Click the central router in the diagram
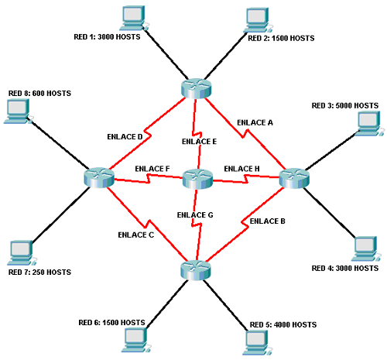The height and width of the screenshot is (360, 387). pyautogui.click(x=197, y=180)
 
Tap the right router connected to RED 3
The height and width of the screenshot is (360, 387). pyautogui.click(x=293, y=178)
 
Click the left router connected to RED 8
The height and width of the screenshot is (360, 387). pyautogui.click(x=98, y=177)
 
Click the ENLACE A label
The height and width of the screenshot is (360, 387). pyautogui.click(x=255, y=122)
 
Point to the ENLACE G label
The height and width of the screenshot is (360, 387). pyautogui.click(x=196, y=214)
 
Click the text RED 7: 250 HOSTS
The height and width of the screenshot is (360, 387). pyautogui.click(x=39, y=273)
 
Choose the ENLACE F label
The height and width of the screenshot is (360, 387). pyautogui.click(x=152, y=169)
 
